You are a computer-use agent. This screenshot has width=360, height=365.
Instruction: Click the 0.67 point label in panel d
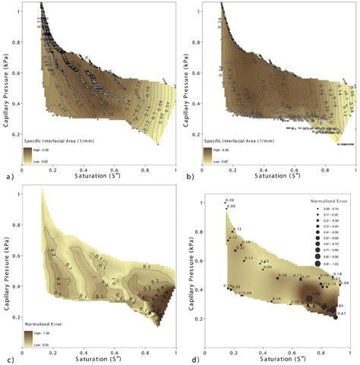(x=343, y=313)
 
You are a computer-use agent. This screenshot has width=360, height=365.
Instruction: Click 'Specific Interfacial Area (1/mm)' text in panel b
(x=242, y=143)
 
